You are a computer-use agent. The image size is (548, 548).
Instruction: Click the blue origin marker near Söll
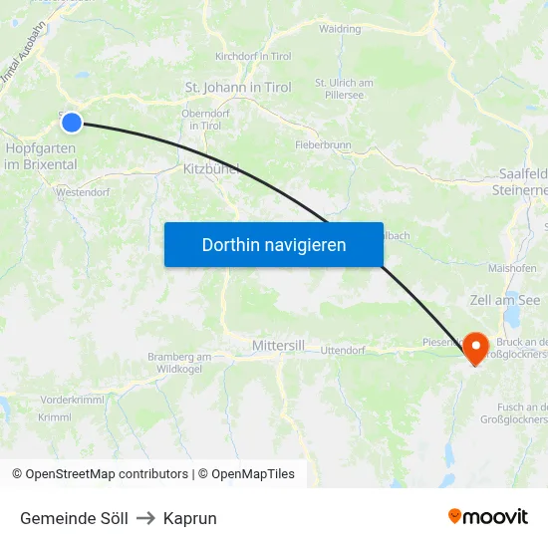coord(72,123)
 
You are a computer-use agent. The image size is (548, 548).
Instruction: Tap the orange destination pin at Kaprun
coord(476,347)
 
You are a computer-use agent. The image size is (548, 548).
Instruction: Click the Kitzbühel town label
coord(210,169)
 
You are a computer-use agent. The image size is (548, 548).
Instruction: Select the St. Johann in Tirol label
coord(238,88)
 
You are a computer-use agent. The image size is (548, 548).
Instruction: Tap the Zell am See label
coord(504,300)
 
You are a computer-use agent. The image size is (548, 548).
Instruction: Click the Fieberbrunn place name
coord(324,144)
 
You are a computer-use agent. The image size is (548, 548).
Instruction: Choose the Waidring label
coord(340,29)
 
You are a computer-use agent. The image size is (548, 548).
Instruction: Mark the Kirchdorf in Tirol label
coord(253,57)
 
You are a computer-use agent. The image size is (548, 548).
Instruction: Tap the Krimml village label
coord(54,417)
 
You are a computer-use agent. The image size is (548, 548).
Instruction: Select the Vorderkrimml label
coord(72,399)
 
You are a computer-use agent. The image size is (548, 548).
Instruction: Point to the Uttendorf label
coord(343,351)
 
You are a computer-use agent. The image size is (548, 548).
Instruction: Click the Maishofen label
coord(513,268)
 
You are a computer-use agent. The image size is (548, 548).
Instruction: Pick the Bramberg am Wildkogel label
coord(179,363)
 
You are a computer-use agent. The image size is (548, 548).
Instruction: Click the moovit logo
coord(487,516)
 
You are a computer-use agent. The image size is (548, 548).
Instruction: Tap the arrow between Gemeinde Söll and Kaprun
coord(145,518)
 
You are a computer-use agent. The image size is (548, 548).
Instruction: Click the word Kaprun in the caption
coord(189,518)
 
